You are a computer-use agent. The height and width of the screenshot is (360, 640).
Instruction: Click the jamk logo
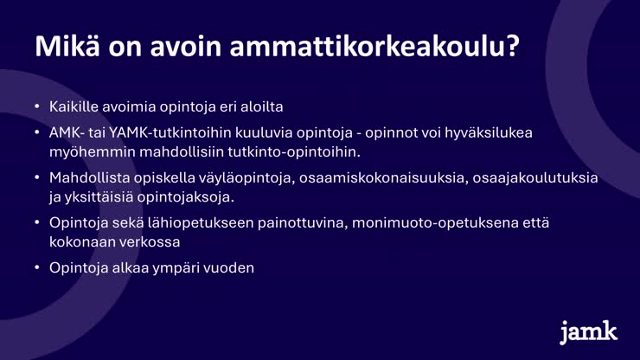588,332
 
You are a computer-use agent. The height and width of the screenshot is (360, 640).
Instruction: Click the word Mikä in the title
67,46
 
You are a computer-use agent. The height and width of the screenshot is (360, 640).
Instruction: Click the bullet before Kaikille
37,106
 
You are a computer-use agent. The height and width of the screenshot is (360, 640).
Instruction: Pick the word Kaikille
74,106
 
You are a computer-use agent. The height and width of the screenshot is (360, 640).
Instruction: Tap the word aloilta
262,106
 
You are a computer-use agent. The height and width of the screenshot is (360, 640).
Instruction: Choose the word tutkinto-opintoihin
294,152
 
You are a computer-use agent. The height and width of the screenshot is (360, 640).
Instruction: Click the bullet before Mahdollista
37,177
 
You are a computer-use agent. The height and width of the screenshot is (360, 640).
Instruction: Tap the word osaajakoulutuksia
535,178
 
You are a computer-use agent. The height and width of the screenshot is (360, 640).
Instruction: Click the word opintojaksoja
186,197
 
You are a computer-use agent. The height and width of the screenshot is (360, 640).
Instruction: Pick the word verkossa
149,242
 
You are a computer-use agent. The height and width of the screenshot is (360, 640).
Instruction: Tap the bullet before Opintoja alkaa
37,267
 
